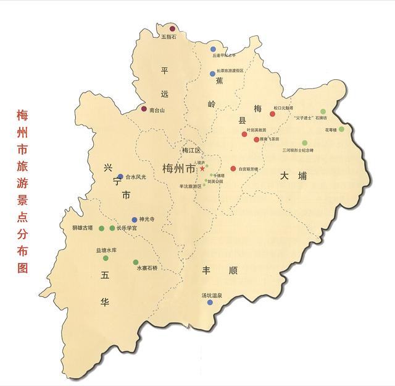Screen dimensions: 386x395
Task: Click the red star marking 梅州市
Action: tap(201, 168)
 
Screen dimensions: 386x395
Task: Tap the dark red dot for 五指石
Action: tap(173, 28)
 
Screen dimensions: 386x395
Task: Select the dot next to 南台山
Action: tap(144, 109)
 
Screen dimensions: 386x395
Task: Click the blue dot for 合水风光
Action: tap(120, 176)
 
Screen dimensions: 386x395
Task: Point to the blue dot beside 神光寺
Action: tap(135, 220)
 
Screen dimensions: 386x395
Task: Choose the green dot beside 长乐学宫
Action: tap(112, 228)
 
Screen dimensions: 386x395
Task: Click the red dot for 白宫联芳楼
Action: tap(233, 168)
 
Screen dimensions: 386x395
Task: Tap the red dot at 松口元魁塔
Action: tap(272, 114)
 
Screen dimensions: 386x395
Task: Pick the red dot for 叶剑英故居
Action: tap(244, 134)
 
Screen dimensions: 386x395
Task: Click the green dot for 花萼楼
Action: tap(341, 129)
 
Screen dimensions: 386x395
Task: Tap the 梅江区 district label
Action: tap(191, 150)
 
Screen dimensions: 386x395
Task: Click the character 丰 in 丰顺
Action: tap(208, 270)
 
